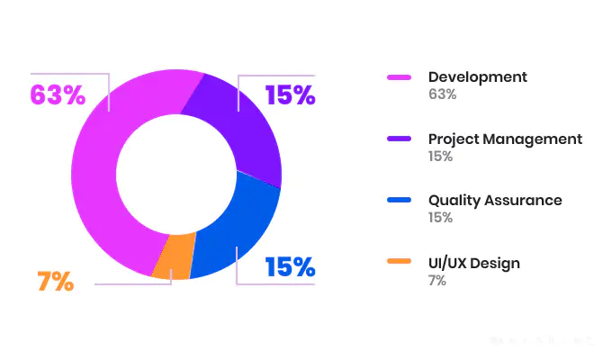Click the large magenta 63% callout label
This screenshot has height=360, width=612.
(x=58, y=94)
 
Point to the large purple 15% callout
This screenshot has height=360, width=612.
(x=290, y=94)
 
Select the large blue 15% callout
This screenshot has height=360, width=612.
(x=290, y=267)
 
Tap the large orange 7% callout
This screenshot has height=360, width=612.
(x=55, y=281)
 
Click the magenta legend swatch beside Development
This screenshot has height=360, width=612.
(x=399, y=77)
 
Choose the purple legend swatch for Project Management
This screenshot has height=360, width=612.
(x=399, y=139)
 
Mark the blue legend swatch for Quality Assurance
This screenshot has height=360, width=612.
(x=399, y=201)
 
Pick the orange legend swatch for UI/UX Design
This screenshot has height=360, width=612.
(x=399, y=263)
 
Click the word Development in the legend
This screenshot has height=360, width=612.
(x=477, y=77)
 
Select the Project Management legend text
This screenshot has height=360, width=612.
(x=505, y=139)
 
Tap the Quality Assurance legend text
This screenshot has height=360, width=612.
(x=495, y=201)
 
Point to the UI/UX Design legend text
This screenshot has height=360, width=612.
(x=473, y=263)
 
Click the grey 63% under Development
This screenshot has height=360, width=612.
(x=442, y=94)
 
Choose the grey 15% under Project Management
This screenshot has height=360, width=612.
(x=440, y=157)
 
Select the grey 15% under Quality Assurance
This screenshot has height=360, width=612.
(x=440, y=218)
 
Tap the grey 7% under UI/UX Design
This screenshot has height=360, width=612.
(x=436, y=280)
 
